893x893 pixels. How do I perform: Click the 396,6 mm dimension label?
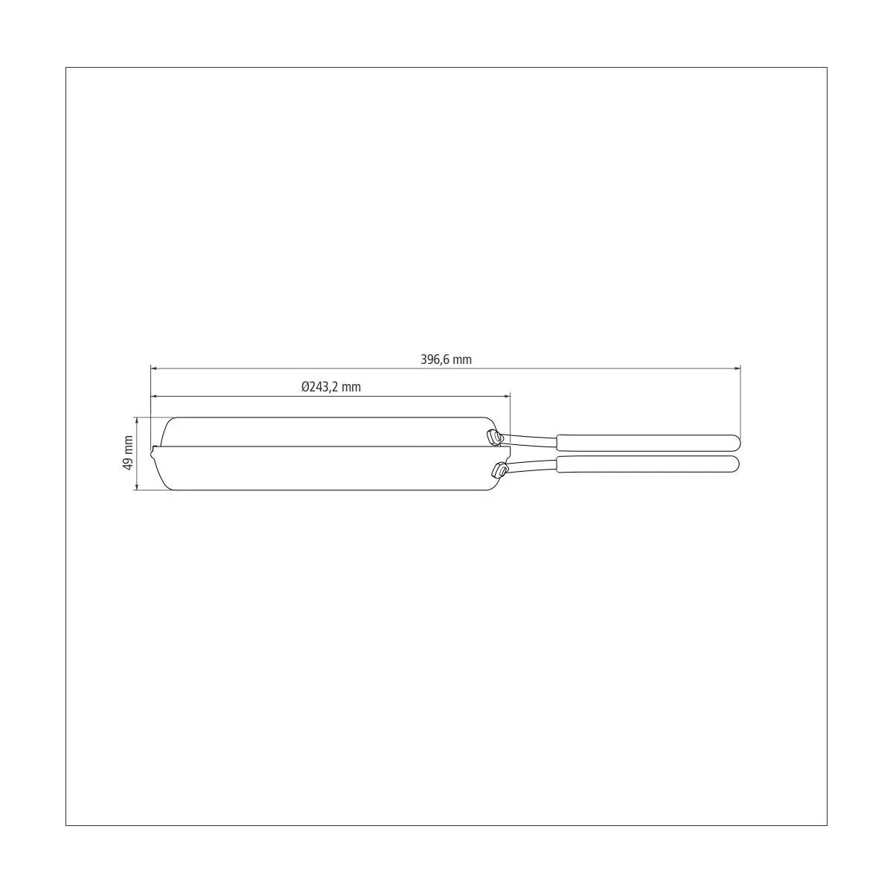(x=446, y=359)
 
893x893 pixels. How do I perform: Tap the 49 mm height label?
(x=128, y=452)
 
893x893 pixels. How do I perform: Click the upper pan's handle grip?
(x=648, y=443)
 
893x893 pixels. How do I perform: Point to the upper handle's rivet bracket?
(x=493, y=437)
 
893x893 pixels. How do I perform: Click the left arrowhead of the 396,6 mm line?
(x=155, y=368)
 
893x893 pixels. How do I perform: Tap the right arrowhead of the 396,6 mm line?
(x=737, y=368)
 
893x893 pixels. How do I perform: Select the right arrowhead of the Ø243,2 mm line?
(x=506, y=396)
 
